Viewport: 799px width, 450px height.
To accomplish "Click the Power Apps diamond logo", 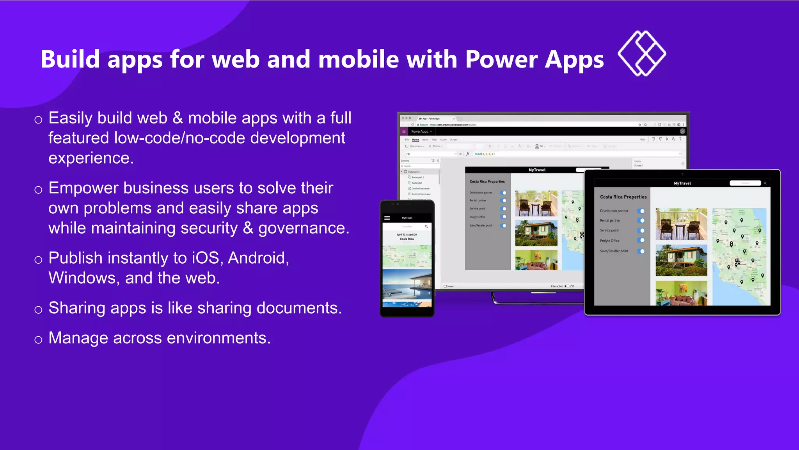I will point(642,53).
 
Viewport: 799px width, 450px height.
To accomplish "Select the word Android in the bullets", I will point(258,258).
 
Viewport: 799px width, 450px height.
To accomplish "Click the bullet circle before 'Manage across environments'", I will point(38,339).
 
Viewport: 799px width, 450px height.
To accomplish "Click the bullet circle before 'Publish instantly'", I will point(38,259).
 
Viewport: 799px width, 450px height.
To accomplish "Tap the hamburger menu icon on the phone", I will point(387,218).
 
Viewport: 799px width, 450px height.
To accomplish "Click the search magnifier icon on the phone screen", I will point(426,227).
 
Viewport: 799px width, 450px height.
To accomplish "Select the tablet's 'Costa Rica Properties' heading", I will point(623,197).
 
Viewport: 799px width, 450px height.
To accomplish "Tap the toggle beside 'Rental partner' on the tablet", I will point(641,221).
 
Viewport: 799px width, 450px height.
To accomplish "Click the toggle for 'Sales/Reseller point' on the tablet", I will point(641,251).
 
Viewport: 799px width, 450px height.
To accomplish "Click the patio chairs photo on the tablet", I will point(681,224).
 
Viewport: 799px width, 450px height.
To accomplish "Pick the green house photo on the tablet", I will point(681,260).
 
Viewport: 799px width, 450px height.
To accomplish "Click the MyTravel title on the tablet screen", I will point(682,183).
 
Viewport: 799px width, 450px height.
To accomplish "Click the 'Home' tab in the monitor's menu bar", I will point(415,139).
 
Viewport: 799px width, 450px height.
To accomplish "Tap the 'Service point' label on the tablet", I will point(609,230).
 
